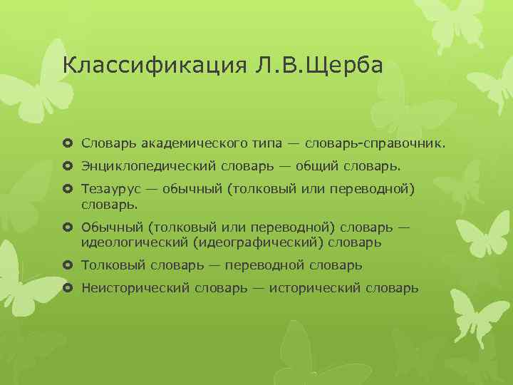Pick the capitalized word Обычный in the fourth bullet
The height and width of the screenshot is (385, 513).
coord(111,227)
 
